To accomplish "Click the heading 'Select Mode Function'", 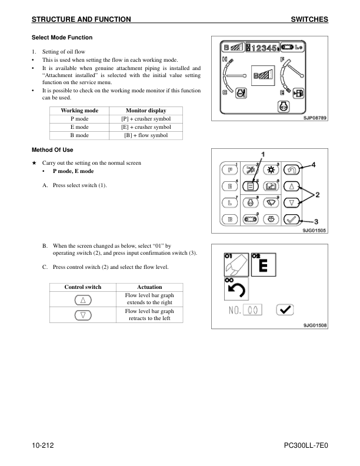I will [62, 38].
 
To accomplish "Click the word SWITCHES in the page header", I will [309, 19].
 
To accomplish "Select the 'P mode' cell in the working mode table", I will [79, 119].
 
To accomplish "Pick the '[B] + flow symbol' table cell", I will [146, 135].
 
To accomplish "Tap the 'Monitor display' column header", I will [146, 111].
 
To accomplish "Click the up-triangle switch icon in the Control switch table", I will [83, 299].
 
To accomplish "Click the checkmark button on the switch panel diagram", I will [292, 219].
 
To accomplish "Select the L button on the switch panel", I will [230, 203].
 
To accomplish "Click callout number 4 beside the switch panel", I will [314, 165].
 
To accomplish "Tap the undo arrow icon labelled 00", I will [236, 289].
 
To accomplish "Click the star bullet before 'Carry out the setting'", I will [35, 162].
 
